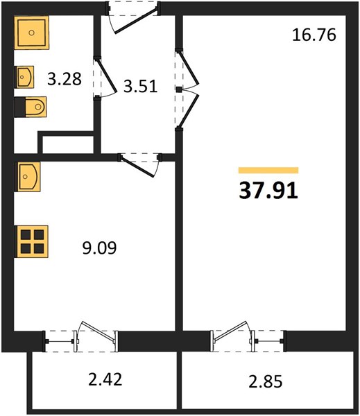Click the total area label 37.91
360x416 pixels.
(268, 191)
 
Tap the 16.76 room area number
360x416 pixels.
(314, 35)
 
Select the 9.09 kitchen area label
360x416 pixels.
(99, 248)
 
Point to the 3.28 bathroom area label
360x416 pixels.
(65, 79)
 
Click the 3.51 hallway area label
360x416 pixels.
(140, 86)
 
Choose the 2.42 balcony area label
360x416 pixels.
(105, 379)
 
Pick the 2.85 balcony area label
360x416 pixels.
(266, 382)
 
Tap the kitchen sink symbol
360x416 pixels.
(28, 177)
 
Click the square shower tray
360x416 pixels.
(32, 33)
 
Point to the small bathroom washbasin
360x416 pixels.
(25, 77)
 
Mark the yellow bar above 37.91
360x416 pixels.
(268, 171)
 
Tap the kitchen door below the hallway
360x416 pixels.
(137, 166)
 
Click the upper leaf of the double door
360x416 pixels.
(189, 67)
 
